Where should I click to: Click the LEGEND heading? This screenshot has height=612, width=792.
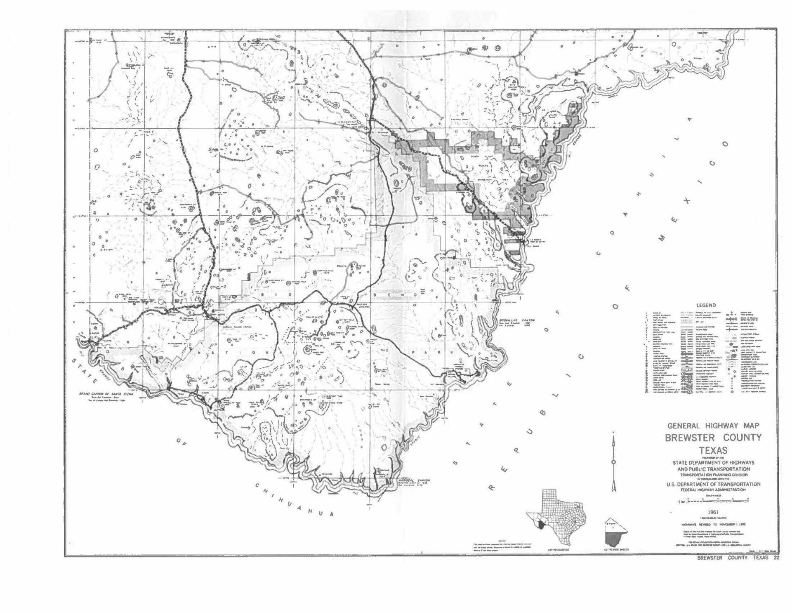(706, 306)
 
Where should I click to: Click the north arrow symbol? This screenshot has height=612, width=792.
(614, 462)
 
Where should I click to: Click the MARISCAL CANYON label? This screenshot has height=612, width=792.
(414, 480)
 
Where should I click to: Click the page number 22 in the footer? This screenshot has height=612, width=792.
(776, 558)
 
